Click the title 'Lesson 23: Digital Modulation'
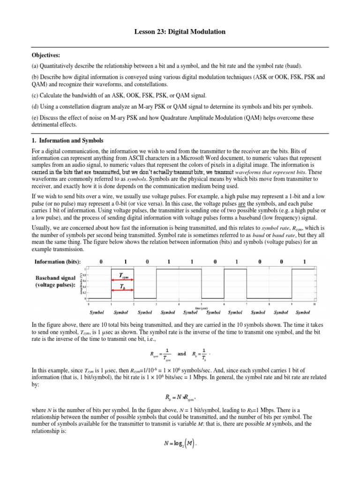tap(180, 31)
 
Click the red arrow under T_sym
tap(122, 282)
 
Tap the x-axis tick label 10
tap(314, 304)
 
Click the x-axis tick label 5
tap(202, 304)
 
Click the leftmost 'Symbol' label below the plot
tap(97, 312)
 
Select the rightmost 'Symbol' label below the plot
tap(303, 312)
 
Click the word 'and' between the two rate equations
tap(182, 354)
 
